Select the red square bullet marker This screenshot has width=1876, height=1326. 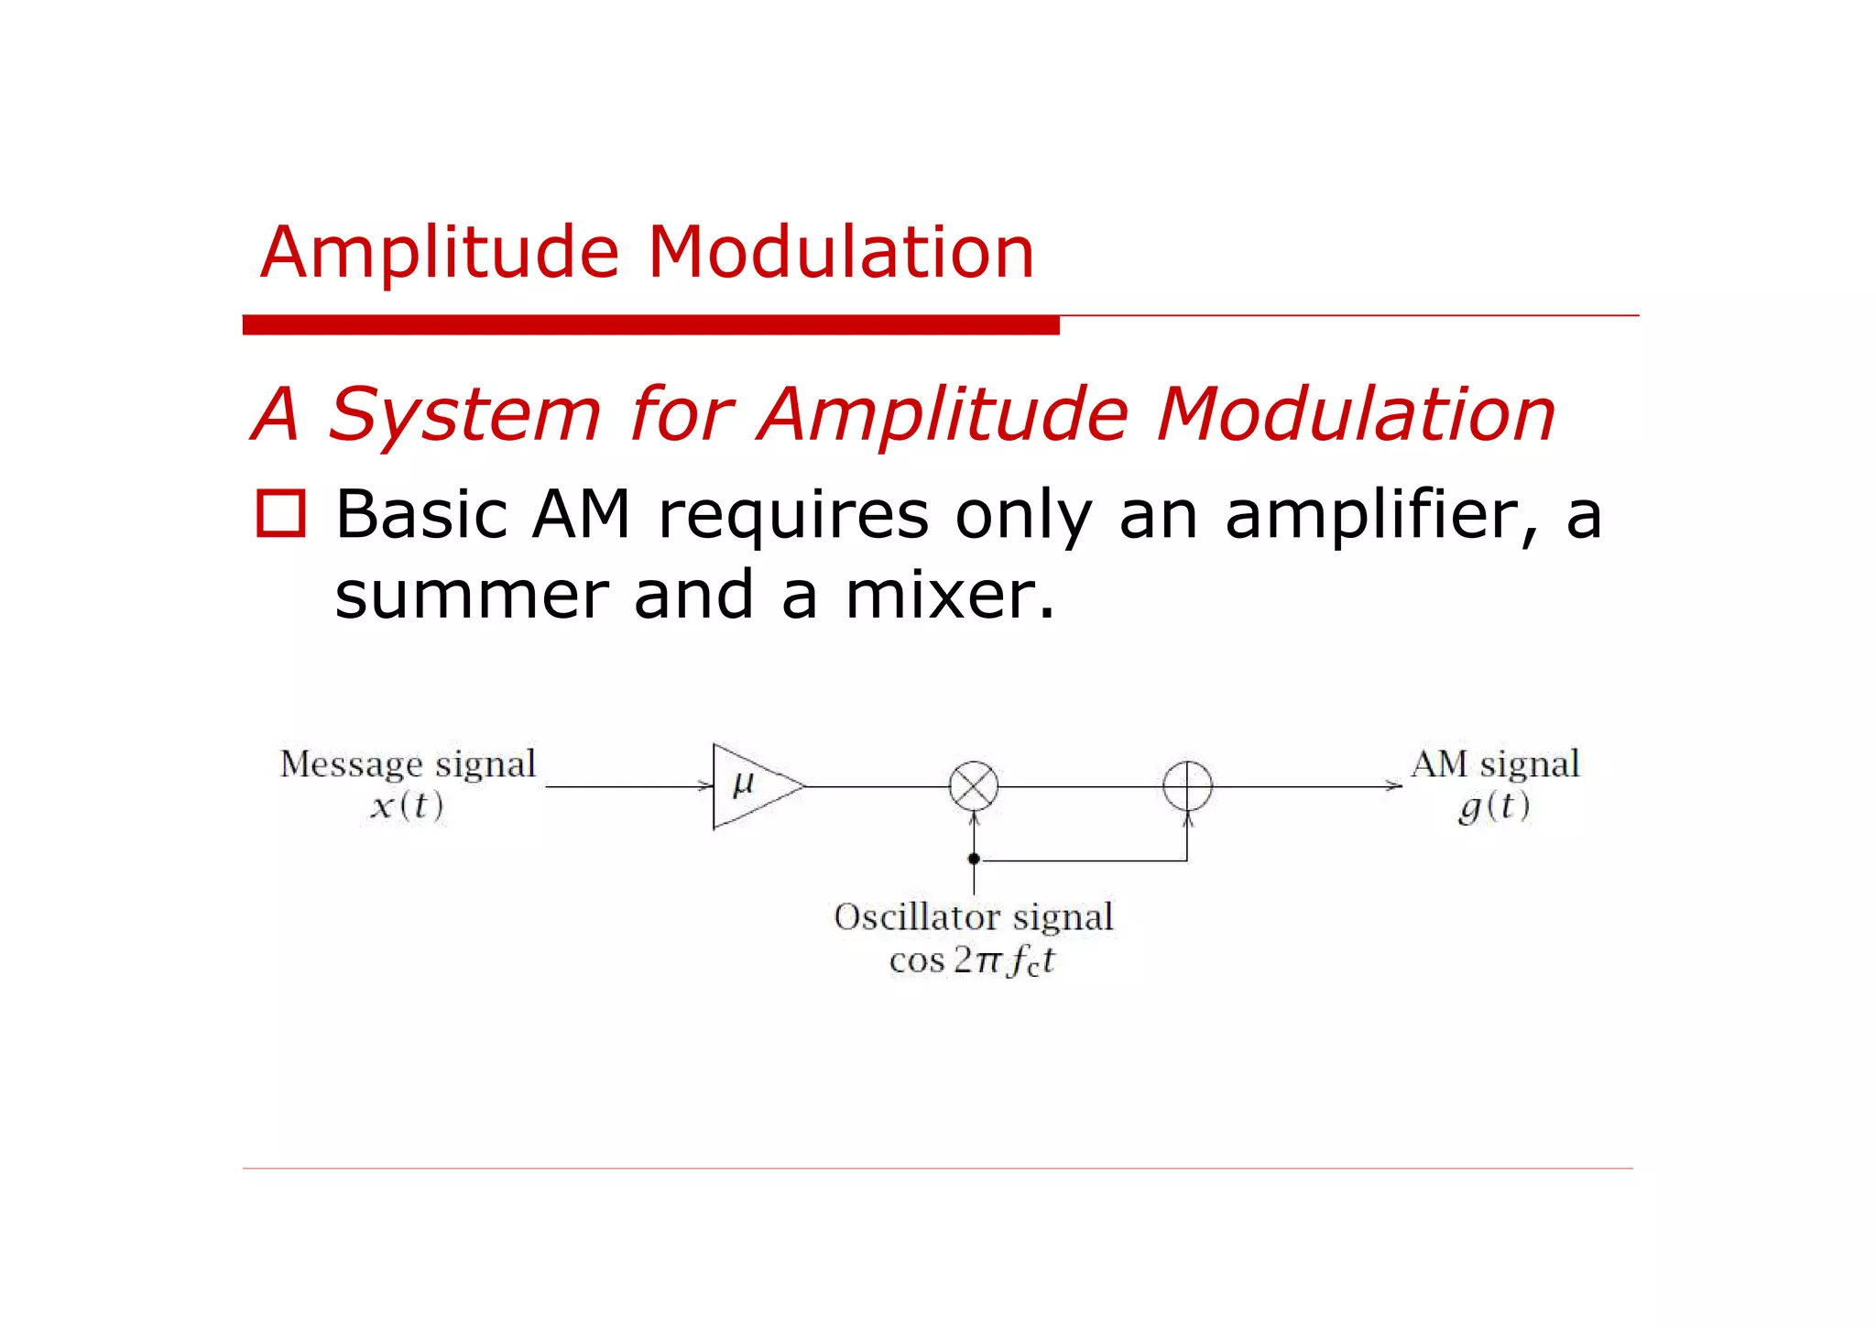coord(280,513)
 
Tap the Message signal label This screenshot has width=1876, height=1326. coord(408,764)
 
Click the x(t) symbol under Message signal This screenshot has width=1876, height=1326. coord(407,806)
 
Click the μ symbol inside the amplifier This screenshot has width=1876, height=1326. coord(743,784)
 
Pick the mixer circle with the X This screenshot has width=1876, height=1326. coord(973,786)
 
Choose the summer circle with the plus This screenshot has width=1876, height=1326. coord(1187,786)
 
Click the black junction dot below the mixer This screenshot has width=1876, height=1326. coord(974,859)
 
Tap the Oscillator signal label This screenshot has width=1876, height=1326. coord(973,917)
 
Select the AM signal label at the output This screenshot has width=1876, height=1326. coord(1495,764)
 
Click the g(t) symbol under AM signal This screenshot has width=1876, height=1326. coord(1494,806)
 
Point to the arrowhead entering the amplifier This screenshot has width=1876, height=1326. coord(706,786)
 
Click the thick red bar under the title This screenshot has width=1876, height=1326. coord(650,325)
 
